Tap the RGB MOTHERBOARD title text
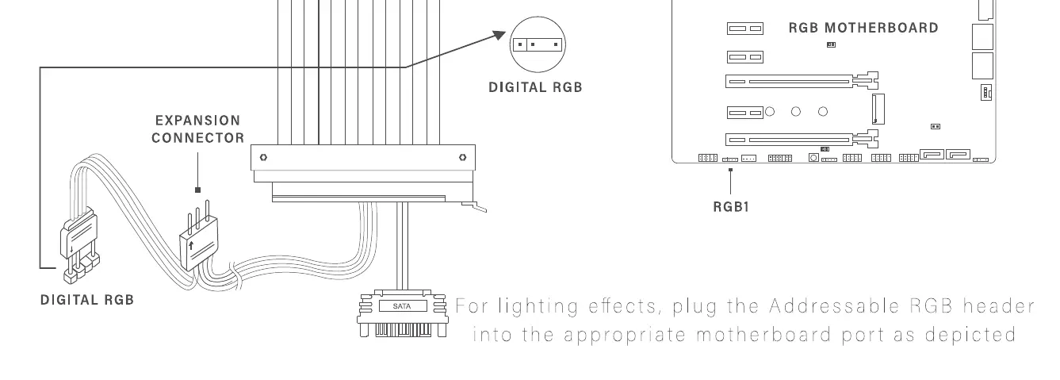pos(863,28)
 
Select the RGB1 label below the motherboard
pos(731,207)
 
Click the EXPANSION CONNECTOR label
pos(197,129)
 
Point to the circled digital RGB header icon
pos(537,44)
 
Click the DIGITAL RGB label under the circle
pos(535,87)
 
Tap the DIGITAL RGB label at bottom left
pos(87,300)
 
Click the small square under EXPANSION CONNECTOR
pos(197,190)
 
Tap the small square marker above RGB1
pos(731,169)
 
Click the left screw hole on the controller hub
pos(263,157)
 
